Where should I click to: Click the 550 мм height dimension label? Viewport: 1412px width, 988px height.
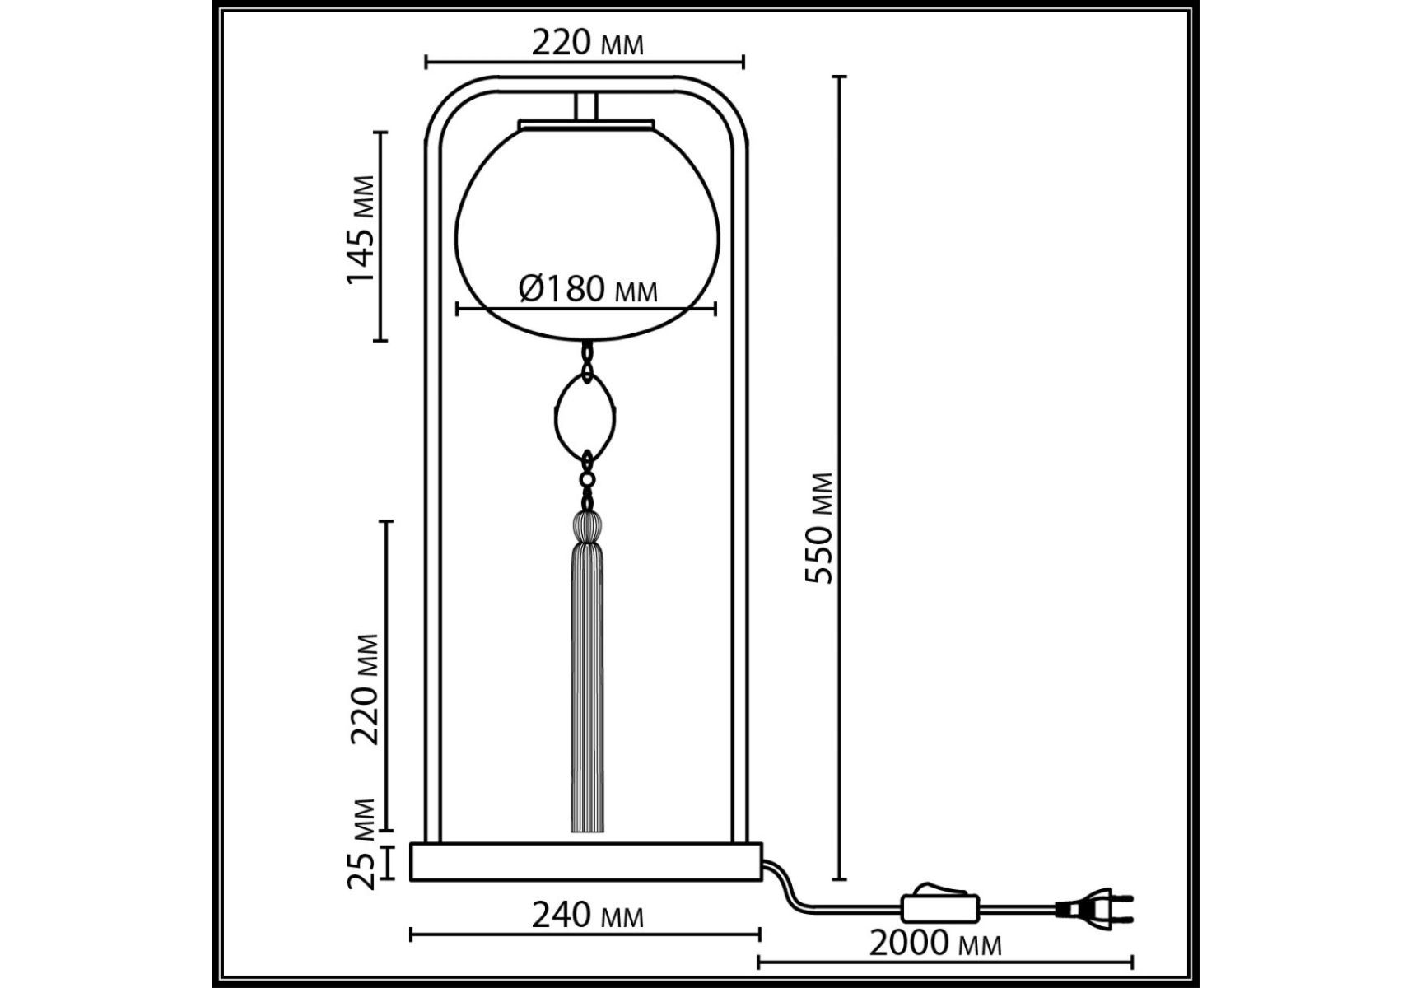coord(819,528)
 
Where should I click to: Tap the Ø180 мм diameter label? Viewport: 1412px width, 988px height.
coord(588,289)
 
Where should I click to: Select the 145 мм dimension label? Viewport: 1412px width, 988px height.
coord(361,230)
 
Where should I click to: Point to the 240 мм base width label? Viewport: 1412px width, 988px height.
coord(587,915)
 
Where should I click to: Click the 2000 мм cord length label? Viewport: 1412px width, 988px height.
coord(935,944)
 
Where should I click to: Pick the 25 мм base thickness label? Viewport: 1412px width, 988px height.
coord(361,843)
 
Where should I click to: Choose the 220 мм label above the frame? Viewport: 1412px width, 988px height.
coord(587,42)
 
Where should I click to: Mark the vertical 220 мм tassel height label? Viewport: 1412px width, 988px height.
coord(364,689)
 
